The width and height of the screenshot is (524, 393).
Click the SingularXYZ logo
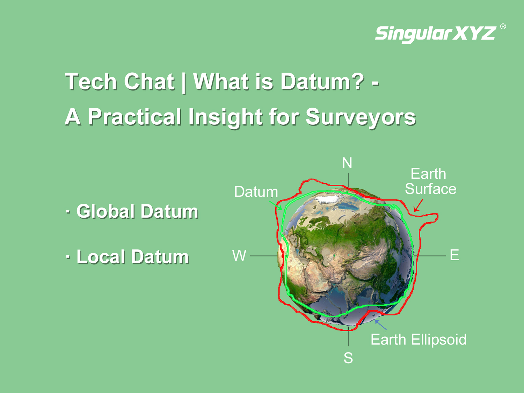click(435, 34)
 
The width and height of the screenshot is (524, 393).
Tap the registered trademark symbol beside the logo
click(503, 27)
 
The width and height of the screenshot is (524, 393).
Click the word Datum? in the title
click(322, 82)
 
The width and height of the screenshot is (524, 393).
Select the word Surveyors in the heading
click(361, 117)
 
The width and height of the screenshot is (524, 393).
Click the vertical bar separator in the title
click(183, 82)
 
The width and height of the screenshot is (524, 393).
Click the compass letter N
click(347, 163)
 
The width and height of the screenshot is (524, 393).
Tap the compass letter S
click(348, 358)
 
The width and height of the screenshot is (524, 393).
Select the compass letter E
click(454, 255)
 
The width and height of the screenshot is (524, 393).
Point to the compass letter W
click(239, 255)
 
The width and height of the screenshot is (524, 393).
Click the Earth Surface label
click(430, 181)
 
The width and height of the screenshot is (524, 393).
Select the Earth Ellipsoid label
click(419, 340)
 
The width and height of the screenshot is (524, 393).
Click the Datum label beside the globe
click(256, 192)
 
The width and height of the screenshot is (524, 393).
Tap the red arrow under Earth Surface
click(418, 205)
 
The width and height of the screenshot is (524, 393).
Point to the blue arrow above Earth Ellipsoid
click(380, 325)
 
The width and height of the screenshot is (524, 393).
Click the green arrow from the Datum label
click(276, 205)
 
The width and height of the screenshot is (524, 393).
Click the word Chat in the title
click(149, 82)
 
